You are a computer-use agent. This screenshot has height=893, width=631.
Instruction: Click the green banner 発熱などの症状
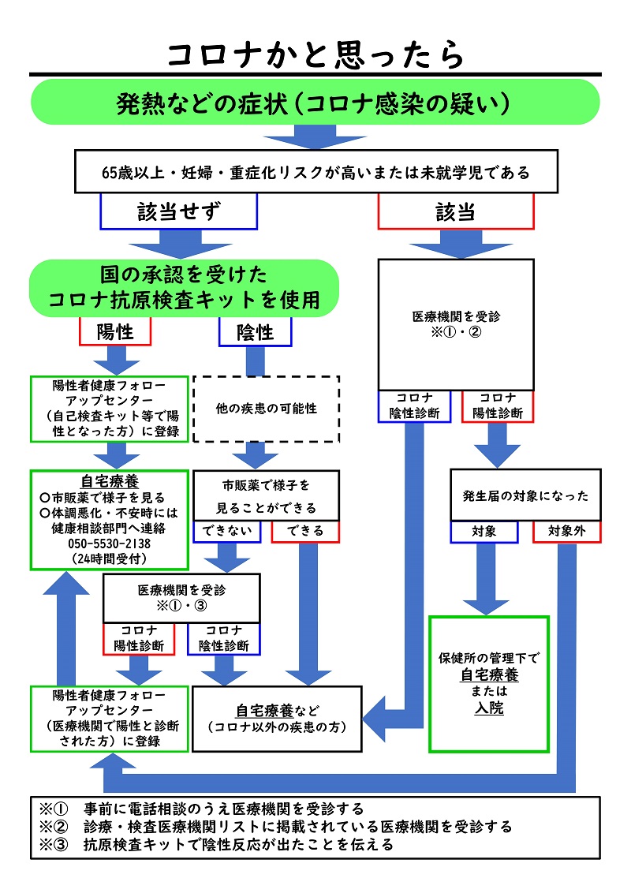pyautogui.click(x=315, y=103)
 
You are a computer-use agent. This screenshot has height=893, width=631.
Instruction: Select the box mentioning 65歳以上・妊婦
pyautogui.click(x=315, y=171)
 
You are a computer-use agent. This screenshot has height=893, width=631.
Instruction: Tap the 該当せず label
pyautogui.click(x=179, y=211)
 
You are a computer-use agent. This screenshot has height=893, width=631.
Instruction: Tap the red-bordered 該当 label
pyautogui.click(x=456, y=211)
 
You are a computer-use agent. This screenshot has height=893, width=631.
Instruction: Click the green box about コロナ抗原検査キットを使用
pyautogui.click(x=185, y=288)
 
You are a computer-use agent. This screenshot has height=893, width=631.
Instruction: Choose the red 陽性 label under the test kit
pyautogui.click(x=115, y=332)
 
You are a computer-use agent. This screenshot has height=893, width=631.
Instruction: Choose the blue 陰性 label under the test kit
pyautogui.click(x=255, y=332)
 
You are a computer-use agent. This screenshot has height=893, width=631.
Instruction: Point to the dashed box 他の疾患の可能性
pyautogui.click(x=266, y=409)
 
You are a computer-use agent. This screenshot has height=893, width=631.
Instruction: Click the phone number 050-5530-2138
pyautogui.click(x=110, y=544)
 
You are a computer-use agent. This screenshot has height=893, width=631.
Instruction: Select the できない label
pyautogui.click(x=226, y=531)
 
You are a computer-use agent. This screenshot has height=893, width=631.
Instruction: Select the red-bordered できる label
pyautogui.click(x=305, y=531)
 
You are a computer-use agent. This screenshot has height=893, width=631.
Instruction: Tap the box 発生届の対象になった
pyautogui.click(x=525, y=495)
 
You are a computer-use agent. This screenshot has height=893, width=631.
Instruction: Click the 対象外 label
pyautogui.click(x=566, y=531)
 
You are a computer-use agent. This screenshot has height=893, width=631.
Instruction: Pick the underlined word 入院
pyautogui.click(x=489, y=708)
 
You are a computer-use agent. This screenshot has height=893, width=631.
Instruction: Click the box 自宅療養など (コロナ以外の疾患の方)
pyautogui.click(x=277, y=717)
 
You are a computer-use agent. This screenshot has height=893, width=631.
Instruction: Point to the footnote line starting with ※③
pyautogui.click(x=217, y=845)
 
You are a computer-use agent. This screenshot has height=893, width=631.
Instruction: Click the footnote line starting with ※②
pyautogui.click(x=276, y=827)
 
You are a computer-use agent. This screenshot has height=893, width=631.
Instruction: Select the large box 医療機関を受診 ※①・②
pyautogui.click(x=456, y=323)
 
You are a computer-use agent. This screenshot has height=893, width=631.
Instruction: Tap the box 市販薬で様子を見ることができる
pyautogui.click(x=266, y=495)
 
